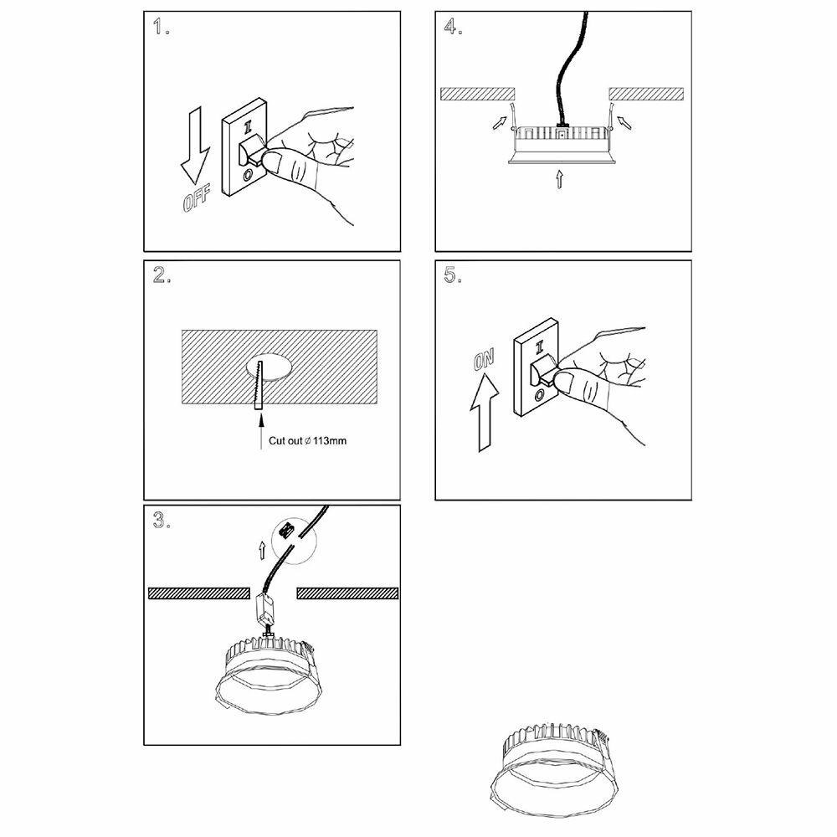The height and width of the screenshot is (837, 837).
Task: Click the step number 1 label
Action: click(x=162, y=27)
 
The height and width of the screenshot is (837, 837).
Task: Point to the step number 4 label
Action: click(x=453, y=27)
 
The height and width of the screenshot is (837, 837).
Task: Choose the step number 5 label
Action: click(x=453, y=277)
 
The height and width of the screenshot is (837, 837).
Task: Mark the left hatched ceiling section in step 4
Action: click(x=477, y=93)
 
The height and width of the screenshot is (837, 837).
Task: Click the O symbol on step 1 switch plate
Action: click(x=248, y=175)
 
